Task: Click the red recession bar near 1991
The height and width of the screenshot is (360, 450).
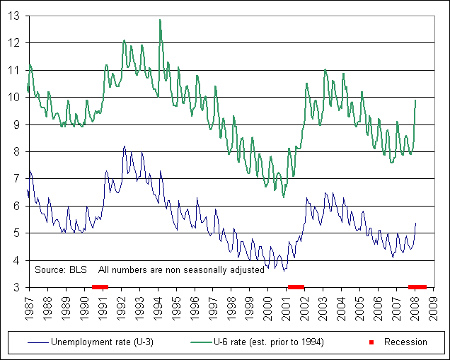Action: coord(100,286)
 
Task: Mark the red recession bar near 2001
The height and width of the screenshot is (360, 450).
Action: coord(296,286)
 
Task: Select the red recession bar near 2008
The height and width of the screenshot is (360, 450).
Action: coord(417,286)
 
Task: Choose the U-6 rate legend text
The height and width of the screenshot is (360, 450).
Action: coord(268,342)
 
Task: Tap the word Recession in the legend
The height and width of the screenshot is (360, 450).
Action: coord(405,342)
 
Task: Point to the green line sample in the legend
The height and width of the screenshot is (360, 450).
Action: coord(202,342)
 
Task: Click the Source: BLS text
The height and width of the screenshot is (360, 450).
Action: coord(60,269)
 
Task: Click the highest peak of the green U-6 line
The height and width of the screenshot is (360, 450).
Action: coord(160,20)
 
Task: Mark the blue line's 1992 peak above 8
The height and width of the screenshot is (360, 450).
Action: coord(125,146)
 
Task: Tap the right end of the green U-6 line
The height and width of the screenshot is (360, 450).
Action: coord(415,100)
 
